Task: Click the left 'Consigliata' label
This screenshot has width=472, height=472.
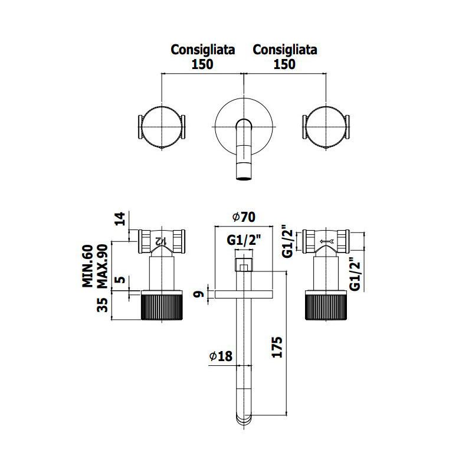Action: (x=202, y=50)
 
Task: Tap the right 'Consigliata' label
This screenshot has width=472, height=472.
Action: (x=285, y=50)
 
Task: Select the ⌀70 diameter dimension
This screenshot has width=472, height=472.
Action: (x=244, y=217)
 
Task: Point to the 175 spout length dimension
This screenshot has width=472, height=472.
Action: (x=277, y=347)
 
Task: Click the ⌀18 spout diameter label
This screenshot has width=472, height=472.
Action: (x=221, y=356)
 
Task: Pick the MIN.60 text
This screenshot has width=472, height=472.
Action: (x=87, y=266)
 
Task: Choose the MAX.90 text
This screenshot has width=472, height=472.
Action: (x=102, y=266)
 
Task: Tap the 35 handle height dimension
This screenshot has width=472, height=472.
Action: (x=103, y=304)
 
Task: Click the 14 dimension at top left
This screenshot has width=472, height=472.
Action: (x=120, y=219)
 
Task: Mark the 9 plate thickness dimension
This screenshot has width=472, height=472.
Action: (x=199, y=294)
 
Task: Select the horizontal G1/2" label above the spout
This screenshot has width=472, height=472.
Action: (x=244, y=240)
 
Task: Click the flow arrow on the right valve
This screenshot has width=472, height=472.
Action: (x=327, y=241)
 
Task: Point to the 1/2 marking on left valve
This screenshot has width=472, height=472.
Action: (x=161, y=241)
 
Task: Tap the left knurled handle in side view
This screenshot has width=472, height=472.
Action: (x=162, y=305)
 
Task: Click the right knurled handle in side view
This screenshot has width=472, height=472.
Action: (x=326, y=305)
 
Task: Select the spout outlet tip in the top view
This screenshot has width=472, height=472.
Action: (x=244, y=178)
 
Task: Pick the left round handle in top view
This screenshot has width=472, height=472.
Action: (x=162, y=127)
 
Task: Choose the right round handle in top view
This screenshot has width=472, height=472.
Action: (x=326, y=127)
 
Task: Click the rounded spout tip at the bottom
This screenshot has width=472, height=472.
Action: (x=244, y=419)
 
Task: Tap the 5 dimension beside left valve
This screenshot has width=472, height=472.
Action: (x=120, y=280)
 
